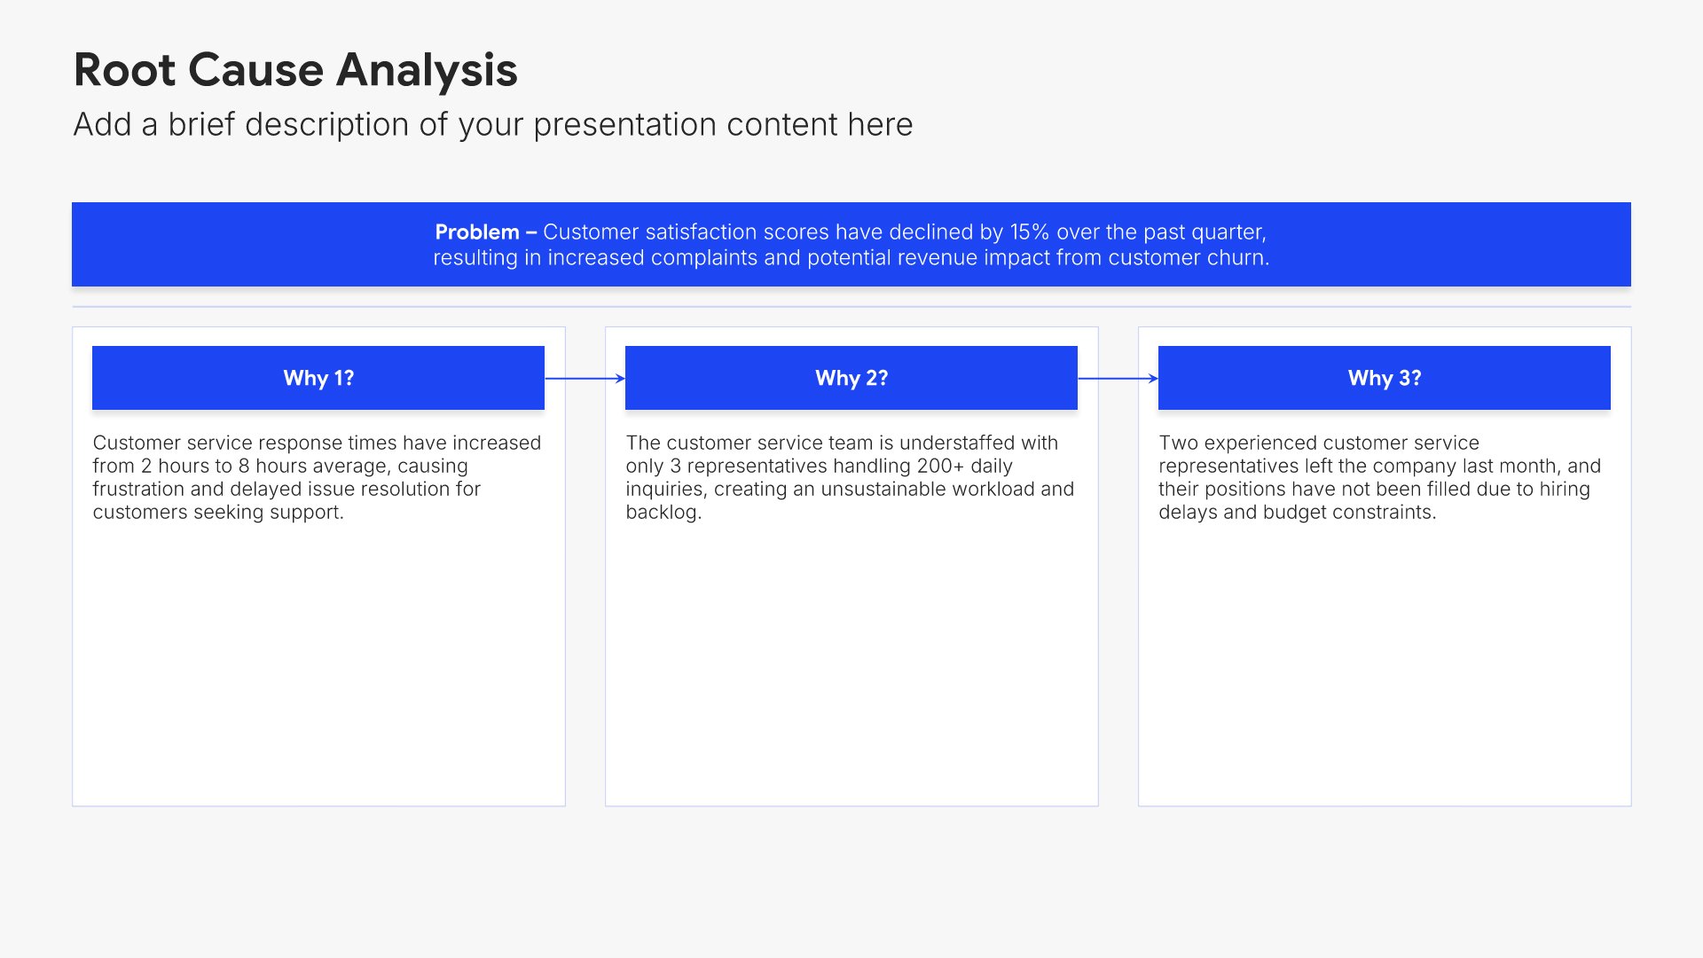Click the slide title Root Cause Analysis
click(295, 70)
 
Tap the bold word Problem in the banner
click(477, 232)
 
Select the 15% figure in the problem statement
click(1030, 232)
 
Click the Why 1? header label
click(318, 379)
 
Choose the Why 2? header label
click(851, 379)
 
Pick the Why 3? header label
click(1385, 379)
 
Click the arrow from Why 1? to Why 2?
click(585, 379)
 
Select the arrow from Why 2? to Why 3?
click(1118, 379)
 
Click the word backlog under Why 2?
click(663, 513)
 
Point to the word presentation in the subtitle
click(625, 125)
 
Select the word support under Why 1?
click(306, 513)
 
